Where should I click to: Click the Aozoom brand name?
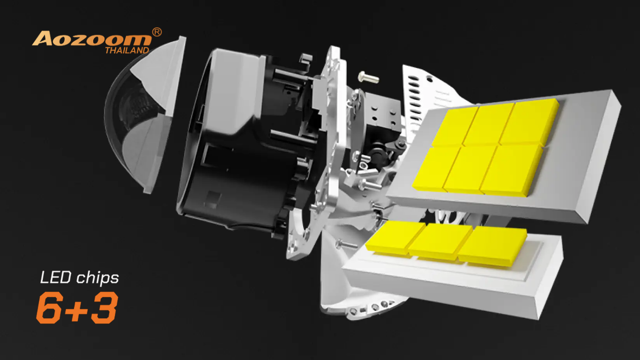(x=92, y=38)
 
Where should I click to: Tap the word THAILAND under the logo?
(x=127, y=50)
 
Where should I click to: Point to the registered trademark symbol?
(x=156, y=32)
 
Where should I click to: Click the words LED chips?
(x=80, y=278)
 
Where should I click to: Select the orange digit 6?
(x=49, y=307)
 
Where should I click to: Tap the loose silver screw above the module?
(x=368, y=77)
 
